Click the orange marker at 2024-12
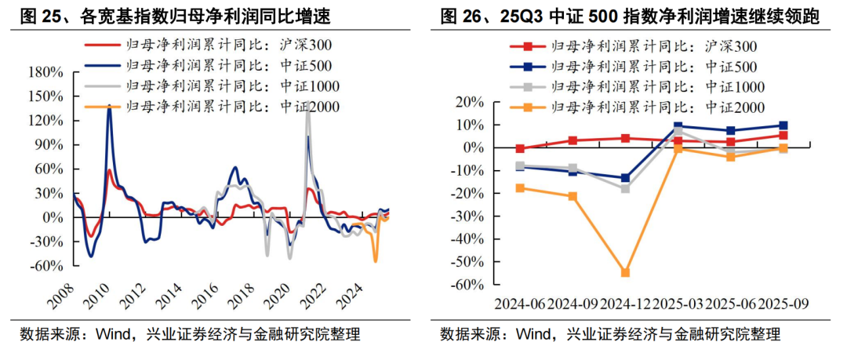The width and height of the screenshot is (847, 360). (x=625, y=272)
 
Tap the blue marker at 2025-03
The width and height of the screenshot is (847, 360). (x=678, y=126)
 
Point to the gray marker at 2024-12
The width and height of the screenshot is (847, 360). (x=625, y=188)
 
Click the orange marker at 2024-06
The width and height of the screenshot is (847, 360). (x=519, y=188)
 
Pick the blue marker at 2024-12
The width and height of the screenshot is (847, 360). (x=625, y=178)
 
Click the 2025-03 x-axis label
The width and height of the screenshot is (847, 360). (x=678, y=303)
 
